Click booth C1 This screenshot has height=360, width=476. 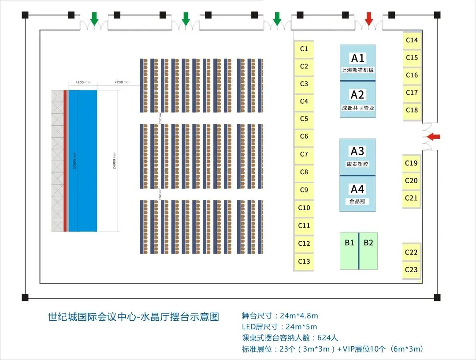[304, 49]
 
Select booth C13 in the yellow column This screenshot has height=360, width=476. [304, 261]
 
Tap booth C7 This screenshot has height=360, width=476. [304, 154]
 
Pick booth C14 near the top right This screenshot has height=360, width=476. [412, 40]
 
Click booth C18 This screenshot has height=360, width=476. [412, 110]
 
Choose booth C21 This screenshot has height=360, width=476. [411, 198]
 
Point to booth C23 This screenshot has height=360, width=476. [411, 270]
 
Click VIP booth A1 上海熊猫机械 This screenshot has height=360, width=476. [357, 62]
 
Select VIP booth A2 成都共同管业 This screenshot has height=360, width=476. [357, 99]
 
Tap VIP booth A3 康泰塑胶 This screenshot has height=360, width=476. [357, 157]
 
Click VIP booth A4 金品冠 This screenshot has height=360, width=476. [357, 193]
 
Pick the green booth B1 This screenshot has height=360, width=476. [349, 251]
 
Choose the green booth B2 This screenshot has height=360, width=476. [368, 251]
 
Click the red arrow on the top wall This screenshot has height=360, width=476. [369, 19]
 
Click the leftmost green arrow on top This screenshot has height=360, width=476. [94, 19]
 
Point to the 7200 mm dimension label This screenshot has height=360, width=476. [122, 82]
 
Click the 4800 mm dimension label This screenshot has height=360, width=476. [82, 82]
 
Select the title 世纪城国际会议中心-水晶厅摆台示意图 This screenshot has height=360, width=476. [134, 317]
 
